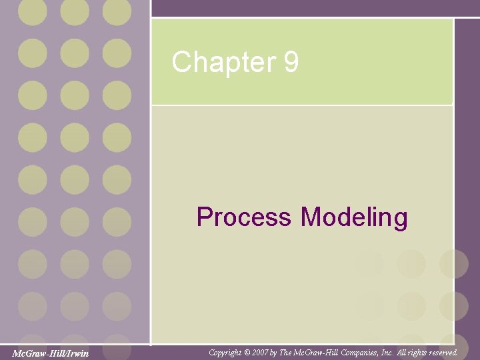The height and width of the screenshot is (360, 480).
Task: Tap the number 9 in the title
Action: coord(291,63)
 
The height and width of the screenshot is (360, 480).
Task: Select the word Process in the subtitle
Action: coord(244,217)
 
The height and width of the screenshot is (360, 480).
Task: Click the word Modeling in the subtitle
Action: coord(354,218)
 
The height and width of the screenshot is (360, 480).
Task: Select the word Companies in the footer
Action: coord(365,352)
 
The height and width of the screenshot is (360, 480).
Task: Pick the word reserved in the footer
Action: coord(440,352)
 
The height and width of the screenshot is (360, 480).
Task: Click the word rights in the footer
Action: coord(415,352)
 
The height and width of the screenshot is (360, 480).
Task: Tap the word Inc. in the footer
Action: coord(391,352)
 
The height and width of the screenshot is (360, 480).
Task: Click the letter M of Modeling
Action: coord(311,217)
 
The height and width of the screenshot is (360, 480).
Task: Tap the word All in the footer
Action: coord(403,352)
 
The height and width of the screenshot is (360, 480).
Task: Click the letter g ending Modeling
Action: coord(401,219)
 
